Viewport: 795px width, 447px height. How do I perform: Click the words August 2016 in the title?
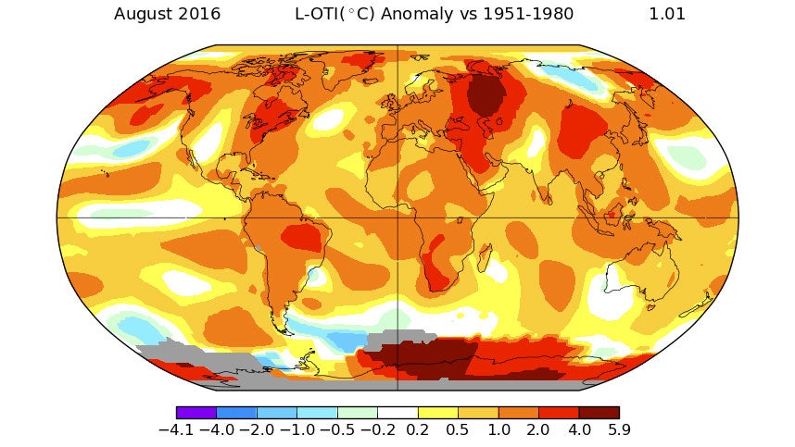(x=167, y=14)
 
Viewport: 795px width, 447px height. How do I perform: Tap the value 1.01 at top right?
(x=667, y=14)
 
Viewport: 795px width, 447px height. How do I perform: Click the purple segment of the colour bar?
(x=196, y=413)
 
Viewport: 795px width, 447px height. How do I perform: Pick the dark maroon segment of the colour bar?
(x=599, y=413)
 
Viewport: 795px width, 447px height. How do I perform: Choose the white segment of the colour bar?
(x=397, y=413)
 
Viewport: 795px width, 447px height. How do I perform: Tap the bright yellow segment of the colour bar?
(x=437, y=413)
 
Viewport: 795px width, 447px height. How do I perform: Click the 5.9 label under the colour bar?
(x=618, y=430)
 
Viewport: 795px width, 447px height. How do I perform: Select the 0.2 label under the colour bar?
(x=418, y=430)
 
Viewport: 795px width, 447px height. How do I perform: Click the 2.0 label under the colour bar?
(x=538, y=430)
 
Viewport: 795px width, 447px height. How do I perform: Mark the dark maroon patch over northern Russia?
(x=484, y=93)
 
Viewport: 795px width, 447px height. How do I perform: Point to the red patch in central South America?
(x=298, y=237)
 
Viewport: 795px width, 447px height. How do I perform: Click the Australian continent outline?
(x=639, y=278)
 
